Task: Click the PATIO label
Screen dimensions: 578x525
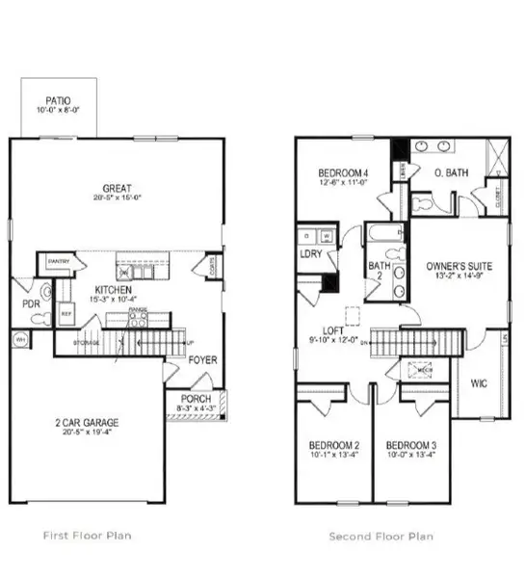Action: click(x=58, y=100)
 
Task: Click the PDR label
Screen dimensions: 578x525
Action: click(x=31, y=305)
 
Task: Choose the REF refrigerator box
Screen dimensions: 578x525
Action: click(x=66, y=313)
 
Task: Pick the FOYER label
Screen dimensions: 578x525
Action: click(x=202, y=360)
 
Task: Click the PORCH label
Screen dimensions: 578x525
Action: click(x=196, y=399)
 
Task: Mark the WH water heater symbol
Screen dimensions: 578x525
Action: click(x=19, y=338)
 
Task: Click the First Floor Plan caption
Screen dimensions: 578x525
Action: click(x=88, y=536)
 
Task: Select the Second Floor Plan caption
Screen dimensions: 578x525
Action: click(x=381, y=536)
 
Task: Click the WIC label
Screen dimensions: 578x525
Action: click(x=480, y=383)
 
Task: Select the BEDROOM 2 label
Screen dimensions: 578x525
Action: click(x=333, y=445)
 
